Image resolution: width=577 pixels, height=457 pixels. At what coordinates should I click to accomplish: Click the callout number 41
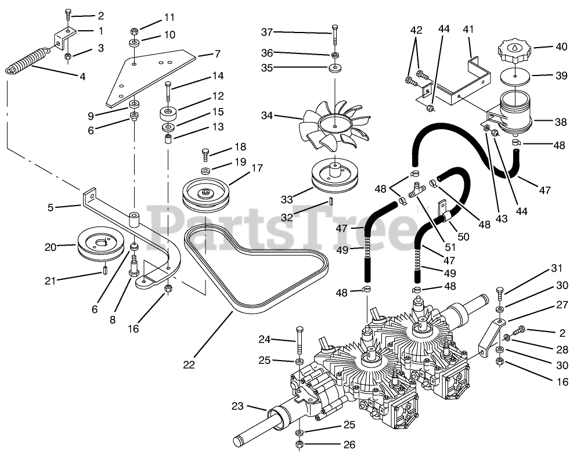468,28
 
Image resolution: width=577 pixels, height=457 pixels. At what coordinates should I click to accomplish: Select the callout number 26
348,445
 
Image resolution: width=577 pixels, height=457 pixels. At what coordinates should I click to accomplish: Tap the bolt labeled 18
205,154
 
